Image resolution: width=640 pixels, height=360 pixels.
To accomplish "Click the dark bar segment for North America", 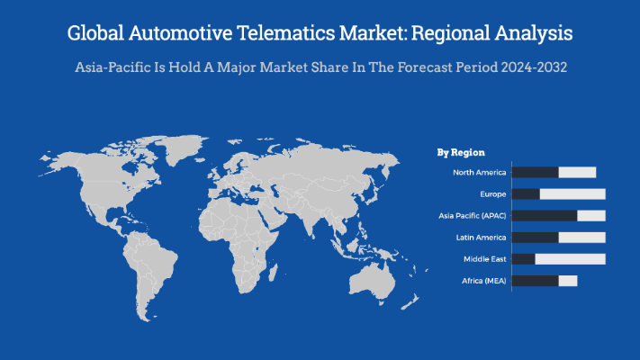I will pyautogui.click(x=535, y=172).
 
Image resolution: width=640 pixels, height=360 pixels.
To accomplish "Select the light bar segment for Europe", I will pyautogui.click(x=572, y=193).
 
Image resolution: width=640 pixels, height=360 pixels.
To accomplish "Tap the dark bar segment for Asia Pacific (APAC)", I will pyautogui.click(x=544, y=216).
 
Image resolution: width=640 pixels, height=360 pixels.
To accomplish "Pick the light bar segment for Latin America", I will pyautogui.click(x=581, y=238).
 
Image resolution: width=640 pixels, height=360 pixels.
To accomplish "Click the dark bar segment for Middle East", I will pyautogui.click(x=523, y=259).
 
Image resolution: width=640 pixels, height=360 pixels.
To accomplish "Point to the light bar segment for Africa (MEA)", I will pyautogui.click(x=567, y=281).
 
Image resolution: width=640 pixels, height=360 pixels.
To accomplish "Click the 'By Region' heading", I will pyautogui.click(x=461, y=153).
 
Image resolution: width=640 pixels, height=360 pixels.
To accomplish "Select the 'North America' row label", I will pyautogui.click(x=479, y=172).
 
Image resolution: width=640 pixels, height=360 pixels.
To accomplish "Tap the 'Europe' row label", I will pyautogui.click(x=492, y=193).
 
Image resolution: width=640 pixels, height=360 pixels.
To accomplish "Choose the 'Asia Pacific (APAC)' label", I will pyautogui.click(x=473, y=216).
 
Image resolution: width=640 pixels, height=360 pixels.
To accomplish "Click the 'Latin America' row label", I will pyautogui.click(x=482, y=238).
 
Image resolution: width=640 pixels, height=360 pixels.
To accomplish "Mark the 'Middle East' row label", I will pyautogui.click(x=484, y=259).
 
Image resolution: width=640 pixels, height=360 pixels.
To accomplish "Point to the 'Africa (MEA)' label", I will pyautogui.click(x=483, y=281).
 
